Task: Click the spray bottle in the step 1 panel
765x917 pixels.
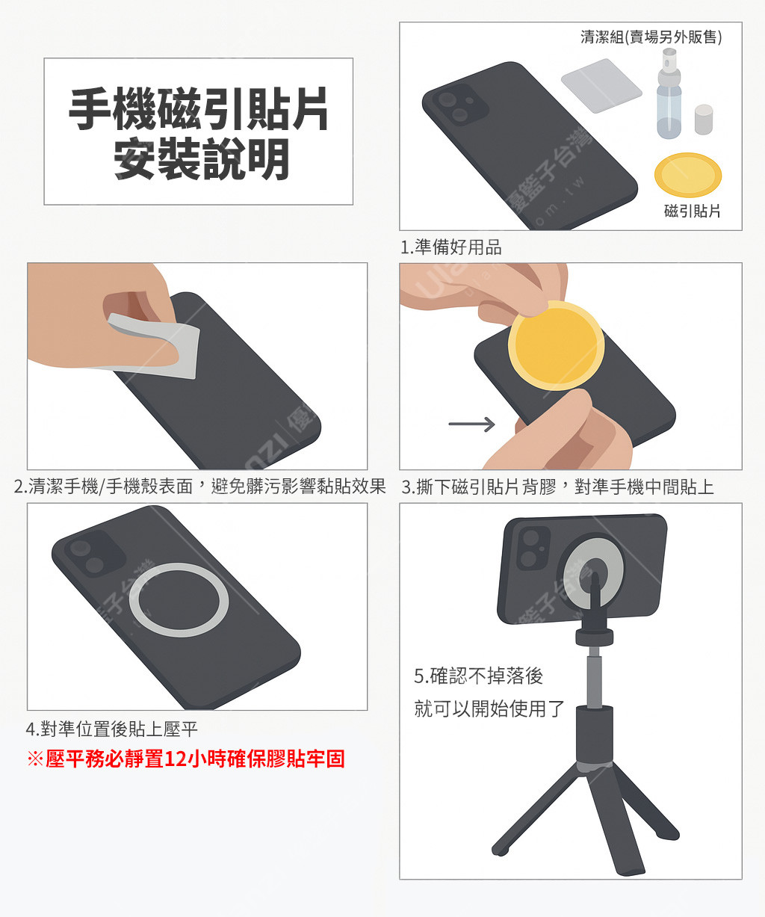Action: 669,94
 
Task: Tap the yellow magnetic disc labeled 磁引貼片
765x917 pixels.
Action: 688,175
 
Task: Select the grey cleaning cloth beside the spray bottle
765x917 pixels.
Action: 601,86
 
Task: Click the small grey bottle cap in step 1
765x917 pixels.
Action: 704,120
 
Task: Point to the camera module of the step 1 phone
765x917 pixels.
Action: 459,105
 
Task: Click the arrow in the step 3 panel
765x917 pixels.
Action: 471,424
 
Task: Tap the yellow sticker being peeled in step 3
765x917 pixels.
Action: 556,345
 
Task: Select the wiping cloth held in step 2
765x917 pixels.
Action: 156,347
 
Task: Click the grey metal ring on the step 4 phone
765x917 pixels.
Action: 179,600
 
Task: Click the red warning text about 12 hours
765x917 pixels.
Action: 186,759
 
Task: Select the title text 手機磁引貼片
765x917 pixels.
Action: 199,108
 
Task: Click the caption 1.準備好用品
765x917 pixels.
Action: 451,247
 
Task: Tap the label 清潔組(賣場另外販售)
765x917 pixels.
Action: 651,37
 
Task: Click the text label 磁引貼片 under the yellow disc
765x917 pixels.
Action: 693,212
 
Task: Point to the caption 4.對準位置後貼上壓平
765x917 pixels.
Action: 112,729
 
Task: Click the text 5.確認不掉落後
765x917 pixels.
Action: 479,676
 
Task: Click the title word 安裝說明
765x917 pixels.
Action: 202,159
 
